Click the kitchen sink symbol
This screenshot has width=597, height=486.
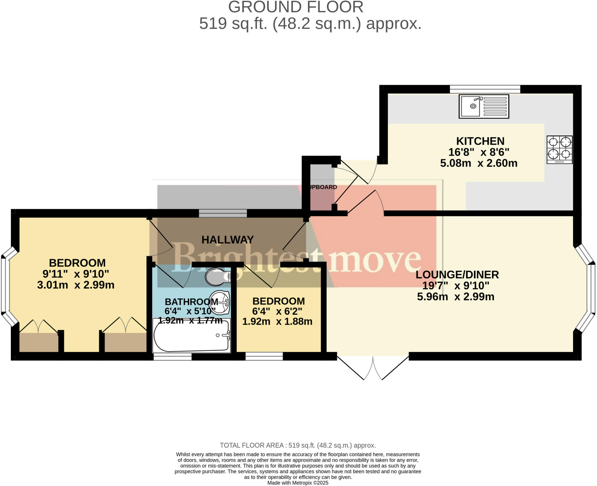pos(484,106)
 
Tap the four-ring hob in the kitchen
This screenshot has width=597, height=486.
pos(559,150)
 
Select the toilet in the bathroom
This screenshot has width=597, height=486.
pos(217,277)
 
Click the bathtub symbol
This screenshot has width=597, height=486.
pos(192,335)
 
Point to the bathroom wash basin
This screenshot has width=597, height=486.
pos(220,303)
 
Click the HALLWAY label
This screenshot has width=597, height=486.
pos(227,240)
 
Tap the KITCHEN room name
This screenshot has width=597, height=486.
pos(480,141)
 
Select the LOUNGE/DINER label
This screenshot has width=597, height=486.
pos(457,275)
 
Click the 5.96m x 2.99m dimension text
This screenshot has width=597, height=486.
pos(456,297)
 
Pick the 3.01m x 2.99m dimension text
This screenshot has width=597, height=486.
pos(76,285)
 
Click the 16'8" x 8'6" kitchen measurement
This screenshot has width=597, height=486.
pos(479,152)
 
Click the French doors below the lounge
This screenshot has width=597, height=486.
pos(373,368)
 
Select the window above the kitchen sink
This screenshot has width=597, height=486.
pos(485,89)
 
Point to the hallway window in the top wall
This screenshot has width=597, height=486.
pos(223,213)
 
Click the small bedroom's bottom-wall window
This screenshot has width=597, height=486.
pos(264,356)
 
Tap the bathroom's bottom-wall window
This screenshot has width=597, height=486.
pos(173,356)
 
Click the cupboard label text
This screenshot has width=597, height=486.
pos(323,187)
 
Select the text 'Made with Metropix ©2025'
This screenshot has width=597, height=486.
pos(298,483)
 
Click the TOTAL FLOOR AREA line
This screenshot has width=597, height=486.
pos(298,445)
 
